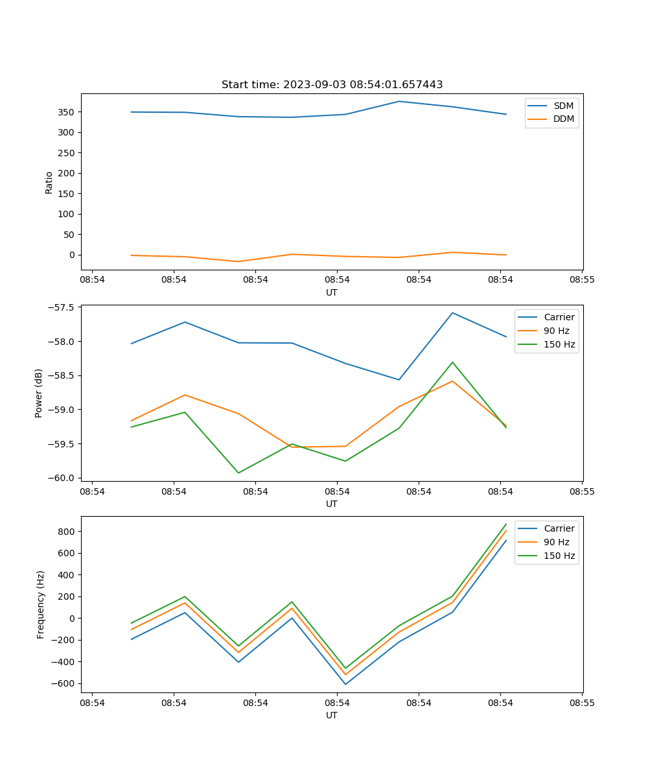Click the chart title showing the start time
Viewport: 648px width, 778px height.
332,84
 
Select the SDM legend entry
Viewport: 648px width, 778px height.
563,106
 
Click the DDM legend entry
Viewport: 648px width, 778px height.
563,119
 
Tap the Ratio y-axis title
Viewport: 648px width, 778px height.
49,182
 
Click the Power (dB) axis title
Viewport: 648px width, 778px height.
39,393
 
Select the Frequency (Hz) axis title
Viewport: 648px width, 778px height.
41,604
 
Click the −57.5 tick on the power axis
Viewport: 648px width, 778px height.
61,307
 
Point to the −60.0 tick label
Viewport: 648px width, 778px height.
61,478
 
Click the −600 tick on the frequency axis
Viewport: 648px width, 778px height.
64,683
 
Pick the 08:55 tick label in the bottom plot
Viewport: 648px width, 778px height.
582,702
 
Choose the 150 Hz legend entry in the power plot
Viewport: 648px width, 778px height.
559,344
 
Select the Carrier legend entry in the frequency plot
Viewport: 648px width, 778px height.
559,528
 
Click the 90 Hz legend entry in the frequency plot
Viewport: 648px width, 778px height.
556,542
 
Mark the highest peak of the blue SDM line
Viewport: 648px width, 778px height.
399,101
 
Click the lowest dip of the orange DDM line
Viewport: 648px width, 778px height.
238,261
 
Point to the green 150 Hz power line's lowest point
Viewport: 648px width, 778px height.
238,473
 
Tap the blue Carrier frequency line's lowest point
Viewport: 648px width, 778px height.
345,684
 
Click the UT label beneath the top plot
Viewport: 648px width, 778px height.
332,292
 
